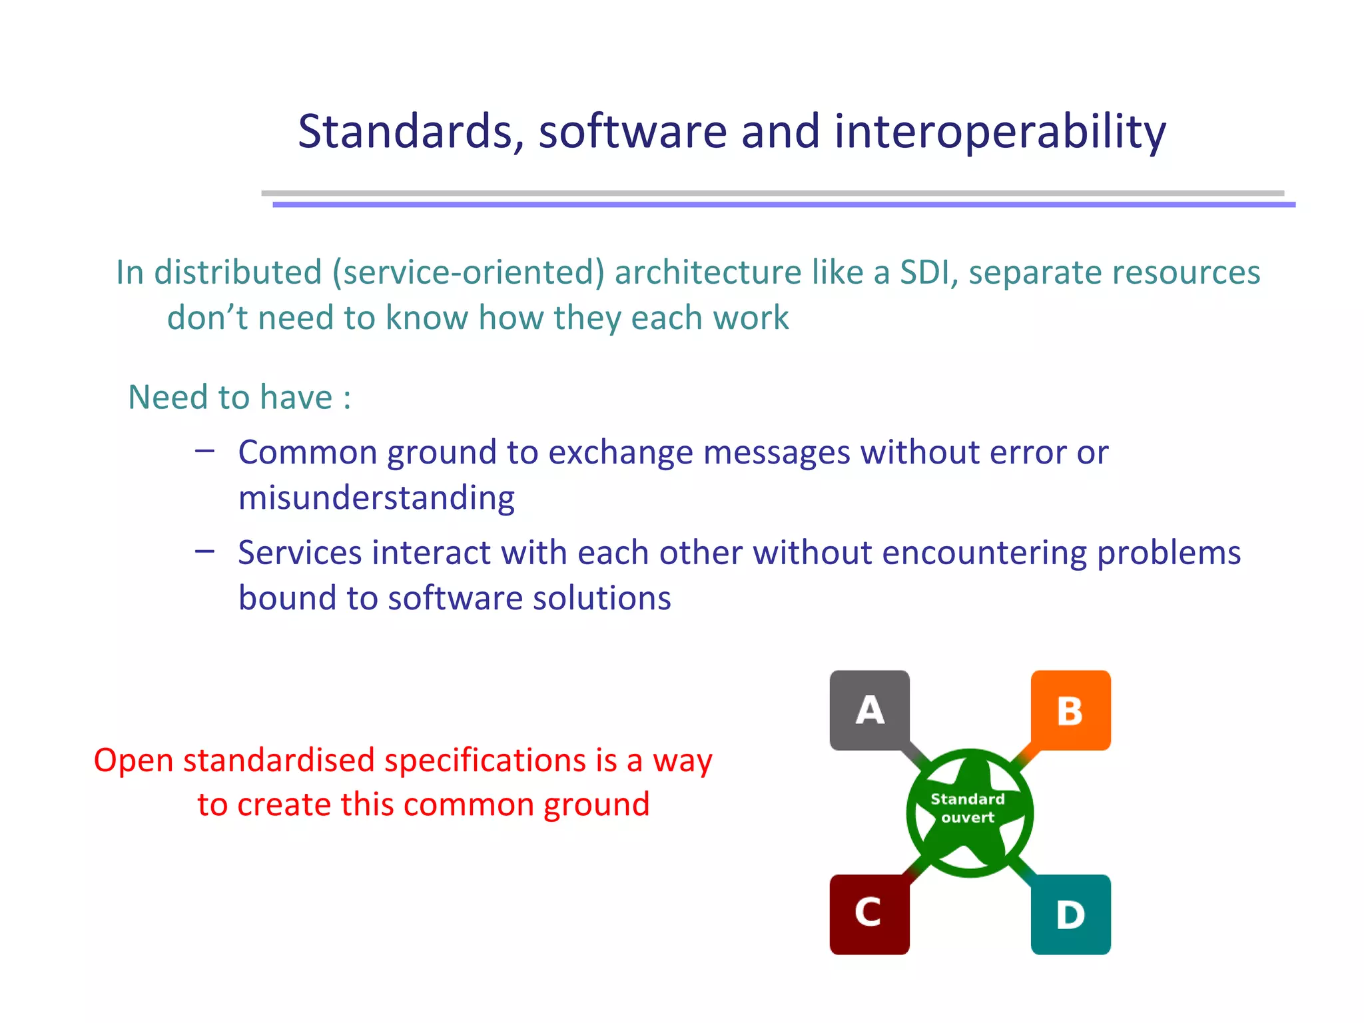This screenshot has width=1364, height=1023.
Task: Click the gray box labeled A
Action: click(869, 710)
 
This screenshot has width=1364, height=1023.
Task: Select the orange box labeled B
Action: click(1070, 710)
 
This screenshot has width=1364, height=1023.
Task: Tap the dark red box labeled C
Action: click(869, 914)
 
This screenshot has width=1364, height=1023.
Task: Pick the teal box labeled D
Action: click(1070, 914)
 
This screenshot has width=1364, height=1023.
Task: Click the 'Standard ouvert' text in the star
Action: click(968, 808)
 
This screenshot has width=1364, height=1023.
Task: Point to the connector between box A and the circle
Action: click(916, 757)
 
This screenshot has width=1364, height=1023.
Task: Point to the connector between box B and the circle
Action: click(1024, 755)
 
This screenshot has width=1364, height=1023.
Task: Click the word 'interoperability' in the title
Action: click(1000, 131)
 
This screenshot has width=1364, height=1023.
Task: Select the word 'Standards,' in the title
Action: click(411, 131)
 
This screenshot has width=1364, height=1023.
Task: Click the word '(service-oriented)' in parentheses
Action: click(468, 272)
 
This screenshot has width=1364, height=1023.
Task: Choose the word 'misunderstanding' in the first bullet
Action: click(376, 498)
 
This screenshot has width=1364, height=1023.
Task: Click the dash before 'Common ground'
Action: click(204, 452)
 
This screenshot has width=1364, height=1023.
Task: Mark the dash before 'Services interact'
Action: click(204, 551)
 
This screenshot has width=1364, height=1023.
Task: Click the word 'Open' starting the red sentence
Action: click(133, 760)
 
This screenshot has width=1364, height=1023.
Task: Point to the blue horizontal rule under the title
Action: click(783, 204)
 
